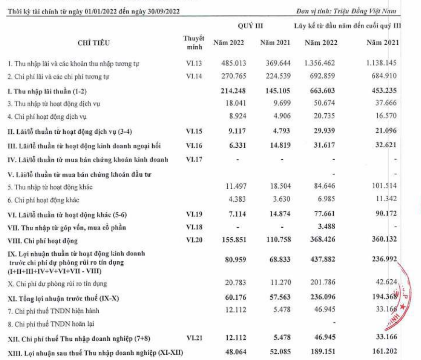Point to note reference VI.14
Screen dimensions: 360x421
point(195,76)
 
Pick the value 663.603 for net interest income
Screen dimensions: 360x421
point(321,90)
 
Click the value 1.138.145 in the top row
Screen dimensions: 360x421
point(382,63)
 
